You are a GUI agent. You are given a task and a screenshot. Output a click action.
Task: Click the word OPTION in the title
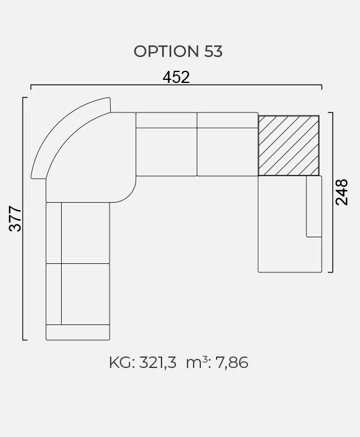click(x=166, y=51)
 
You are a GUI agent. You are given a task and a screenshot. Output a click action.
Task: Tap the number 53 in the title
click(x=214, y=51)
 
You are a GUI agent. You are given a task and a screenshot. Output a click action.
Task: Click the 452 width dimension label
click(x=176, y=77)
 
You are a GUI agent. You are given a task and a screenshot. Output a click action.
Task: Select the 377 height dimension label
click(x=15, y=218)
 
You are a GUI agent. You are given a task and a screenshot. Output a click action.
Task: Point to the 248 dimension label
click(x=342, y=192)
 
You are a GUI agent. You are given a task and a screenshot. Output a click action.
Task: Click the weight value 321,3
click(x=158, y=363)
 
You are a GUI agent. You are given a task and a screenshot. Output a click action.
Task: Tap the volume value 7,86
click(x=232, y=363)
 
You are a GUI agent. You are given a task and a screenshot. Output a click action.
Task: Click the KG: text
click(x=122, y=363)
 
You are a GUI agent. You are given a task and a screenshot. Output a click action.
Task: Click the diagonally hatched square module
click(x=289, y=146)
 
